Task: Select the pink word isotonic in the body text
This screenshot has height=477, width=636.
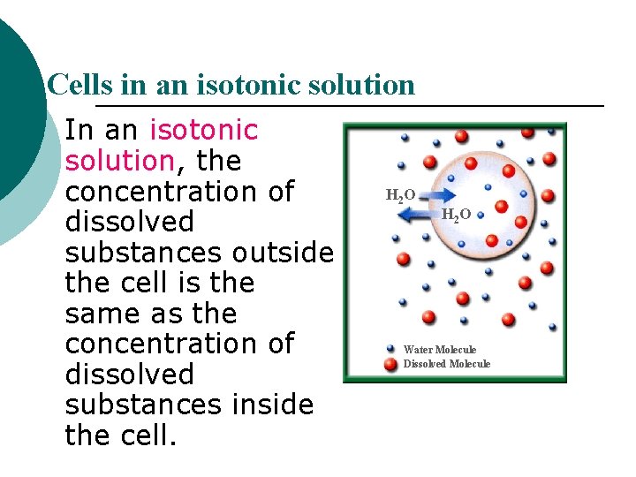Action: (x=204, y=131)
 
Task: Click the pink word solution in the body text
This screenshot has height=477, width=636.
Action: (x=118, y=162)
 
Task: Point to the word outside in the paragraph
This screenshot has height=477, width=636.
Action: (x=284, y=254)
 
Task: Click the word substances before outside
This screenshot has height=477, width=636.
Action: (x=145, y=254)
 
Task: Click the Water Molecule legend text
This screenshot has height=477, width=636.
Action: (x=439, y=350)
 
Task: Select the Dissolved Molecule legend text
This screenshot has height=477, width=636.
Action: (x=446, y=364)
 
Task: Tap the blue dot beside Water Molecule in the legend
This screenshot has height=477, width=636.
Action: (x=390, y=349)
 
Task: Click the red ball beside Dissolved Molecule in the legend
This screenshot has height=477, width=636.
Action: (x=390, y=364)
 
